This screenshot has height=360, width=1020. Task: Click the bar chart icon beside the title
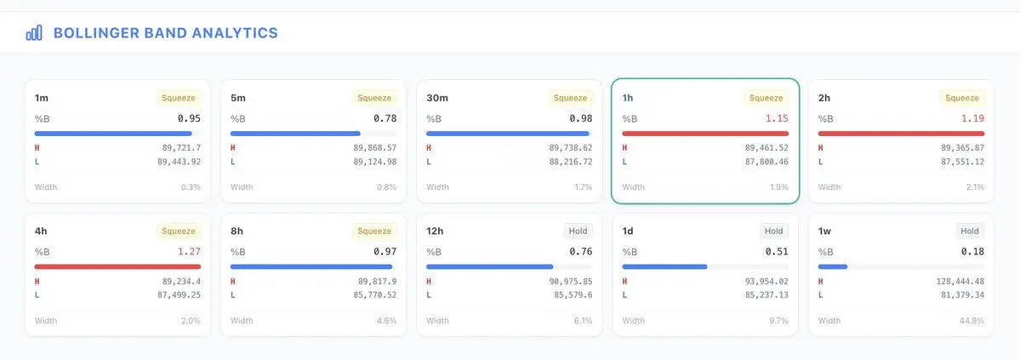coord(34,33)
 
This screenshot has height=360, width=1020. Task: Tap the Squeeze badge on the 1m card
coord(179,98)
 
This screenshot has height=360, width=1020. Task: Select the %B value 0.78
coord(385,118)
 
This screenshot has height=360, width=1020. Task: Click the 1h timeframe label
coord(628,98)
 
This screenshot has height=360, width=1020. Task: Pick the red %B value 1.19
coord(972,118)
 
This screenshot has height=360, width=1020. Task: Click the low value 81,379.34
coord(956,294)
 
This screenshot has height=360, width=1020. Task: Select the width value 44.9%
coord(972,321)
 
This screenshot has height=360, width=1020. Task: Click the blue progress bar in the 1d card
coord(665,266)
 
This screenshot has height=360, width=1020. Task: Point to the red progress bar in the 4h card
coord(117,266)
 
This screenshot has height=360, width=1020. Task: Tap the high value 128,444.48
coord(954,281)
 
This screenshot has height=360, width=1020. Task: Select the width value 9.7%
coord(778,321)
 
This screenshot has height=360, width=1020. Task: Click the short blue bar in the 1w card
coord(833,266)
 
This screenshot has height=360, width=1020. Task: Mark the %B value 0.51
coord(776,251)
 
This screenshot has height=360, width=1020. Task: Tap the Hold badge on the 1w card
coord(970,231)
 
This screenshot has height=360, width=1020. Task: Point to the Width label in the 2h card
coord(829,187)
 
